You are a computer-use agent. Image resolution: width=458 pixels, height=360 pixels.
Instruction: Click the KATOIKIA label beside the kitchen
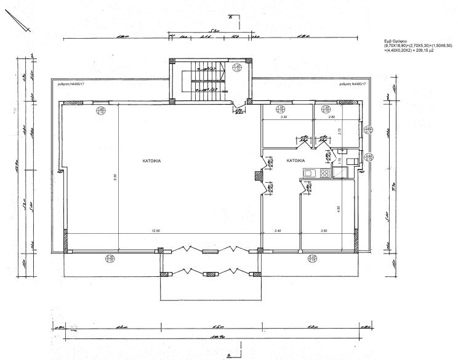[295, 161]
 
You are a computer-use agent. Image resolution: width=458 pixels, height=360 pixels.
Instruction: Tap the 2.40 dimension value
[278, 230]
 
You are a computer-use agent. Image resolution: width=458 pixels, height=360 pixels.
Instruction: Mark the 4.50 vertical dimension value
[338, 208]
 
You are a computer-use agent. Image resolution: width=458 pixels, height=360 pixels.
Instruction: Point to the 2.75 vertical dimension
[340, 130]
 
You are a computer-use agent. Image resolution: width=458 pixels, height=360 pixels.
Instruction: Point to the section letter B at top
[230, 18]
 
